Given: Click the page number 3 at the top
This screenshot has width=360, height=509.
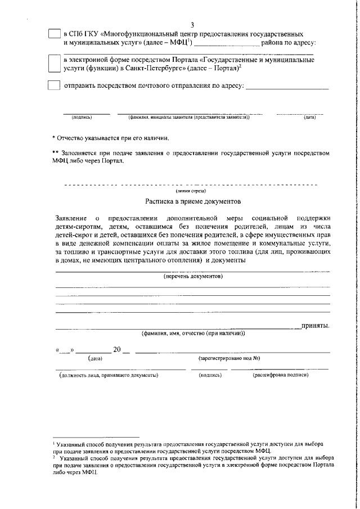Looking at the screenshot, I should point(192,25).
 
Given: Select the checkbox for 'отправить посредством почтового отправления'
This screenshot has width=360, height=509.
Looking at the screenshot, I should point(53,86).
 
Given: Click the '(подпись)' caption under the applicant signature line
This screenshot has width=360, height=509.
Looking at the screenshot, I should point(82,118).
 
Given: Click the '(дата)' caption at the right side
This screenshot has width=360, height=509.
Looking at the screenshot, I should point(309,118).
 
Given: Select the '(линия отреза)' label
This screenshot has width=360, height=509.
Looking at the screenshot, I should point(193,191).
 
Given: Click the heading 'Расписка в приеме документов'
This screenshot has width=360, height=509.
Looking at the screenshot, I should point(193,201).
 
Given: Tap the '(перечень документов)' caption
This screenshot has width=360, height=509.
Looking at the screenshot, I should point(193,276).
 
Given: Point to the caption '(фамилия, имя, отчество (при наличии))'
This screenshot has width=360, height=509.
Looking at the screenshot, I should point(193,334).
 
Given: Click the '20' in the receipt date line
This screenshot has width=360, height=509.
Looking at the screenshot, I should point(118,350).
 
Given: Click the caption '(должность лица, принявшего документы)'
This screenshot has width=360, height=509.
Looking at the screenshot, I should point(109,375).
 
